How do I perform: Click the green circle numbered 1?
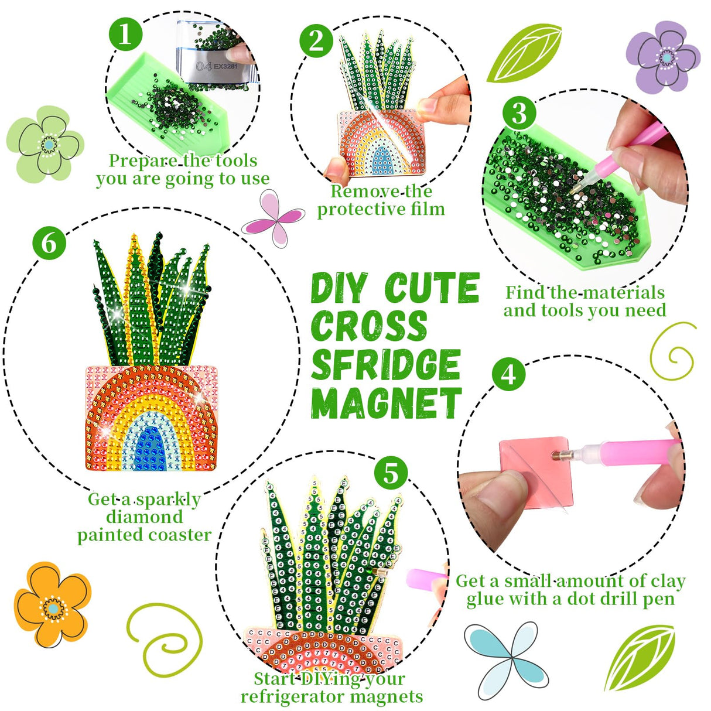(125, 36)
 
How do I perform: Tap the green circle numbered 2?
(316, 42)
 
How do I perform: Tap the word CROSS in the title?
(369, 326)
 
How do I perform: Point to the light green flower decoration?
(45, 144)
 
